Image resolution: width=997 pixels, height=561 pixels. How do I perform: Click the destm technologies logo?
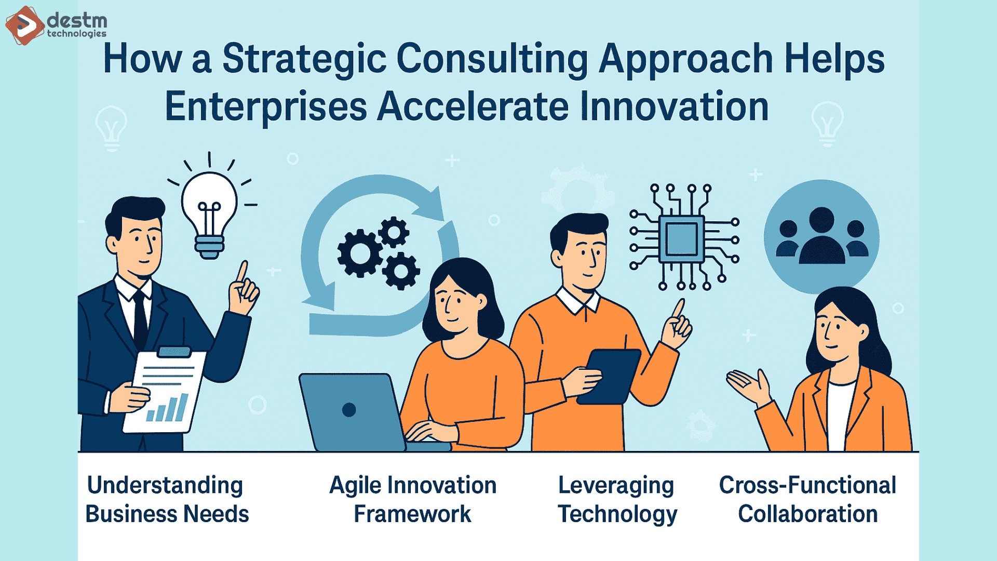[x=56, y=25]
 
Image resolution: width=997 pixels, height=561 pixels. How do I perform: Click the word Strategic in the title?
[x=304, y=59]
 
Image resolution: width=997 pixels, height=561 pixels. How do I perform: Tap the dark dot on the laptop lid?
[x=349, y=410]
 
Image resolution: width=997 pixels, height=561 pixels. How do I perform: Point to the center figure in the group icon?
[x=821, y=236]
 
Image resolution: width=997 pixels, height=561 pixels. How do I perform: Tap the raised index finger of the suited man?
[x=242, y=272]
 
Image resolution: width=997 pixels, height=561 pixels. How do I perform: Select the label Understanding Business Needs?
[x=166, y=499]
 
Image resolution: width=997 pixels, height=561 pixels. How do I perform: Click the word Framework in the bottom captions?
[x=412, y=514]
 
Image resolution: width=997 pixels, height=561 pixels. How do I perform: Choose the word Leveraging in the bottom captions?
[x=616, y=486]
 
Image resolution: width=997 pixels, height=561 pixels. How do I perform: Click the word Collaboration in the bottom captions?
[x=807, y=514]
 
